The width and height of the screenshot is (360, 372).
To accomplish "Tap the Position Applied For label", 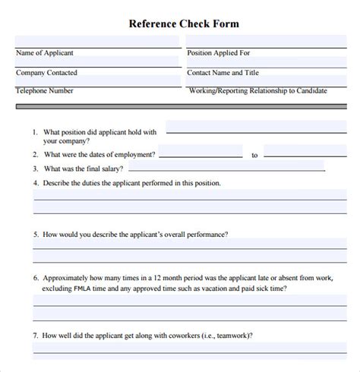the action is (218, 53).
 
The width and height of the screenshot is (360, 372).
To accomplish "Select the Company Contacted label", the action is (47, 72).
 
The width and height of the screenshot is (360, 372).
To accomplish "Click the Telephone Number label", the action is (45, 90).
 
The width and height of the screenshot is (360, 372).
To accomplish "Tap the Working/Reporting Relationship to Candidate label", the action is (257, 90).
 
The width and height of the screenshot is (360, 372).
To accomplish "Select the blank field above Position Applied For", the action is (270, 41).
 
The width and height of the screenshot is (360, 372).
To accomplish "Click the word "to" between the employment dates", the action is (254, 155).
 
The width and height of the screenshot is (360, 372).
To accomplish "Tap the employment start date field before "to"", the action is (201, 151).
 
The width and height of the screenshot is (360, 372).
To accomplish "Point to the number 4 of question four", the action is (36, 183).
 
